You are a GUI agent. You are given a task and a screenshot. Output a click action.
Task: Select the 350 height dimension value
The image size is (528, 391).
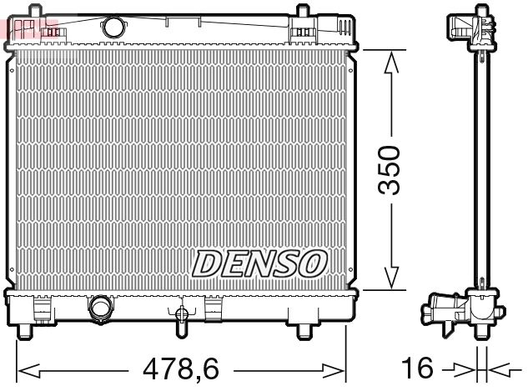tap(390, 170)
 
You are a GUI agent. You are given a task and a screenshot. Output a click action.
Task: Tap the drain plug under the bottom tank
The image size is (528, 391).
tap(181, 318)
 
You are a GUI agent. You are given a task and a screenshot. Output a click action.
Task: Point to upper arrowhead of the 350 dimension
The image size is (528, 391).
tap(390, 57)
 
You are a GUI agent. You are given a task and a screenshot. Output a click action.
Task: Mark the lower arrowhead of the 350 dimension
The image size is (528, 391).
tap(390, 282)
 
